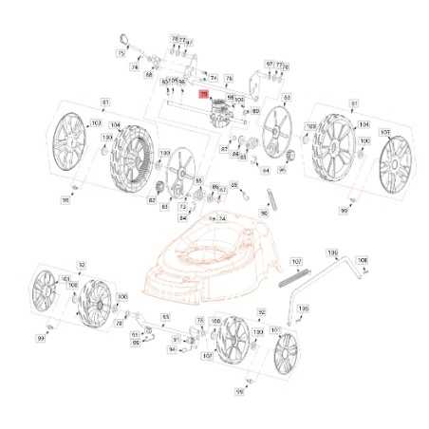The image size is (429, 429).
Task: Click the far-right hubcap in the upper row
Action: (393, 163)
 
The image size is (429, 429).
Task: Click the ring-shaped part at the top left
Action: (125, 38)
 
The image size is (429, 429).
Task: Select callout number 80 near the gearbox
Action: (255, 111)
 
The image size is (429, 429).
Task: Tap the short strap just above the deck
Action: (269, 200)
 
